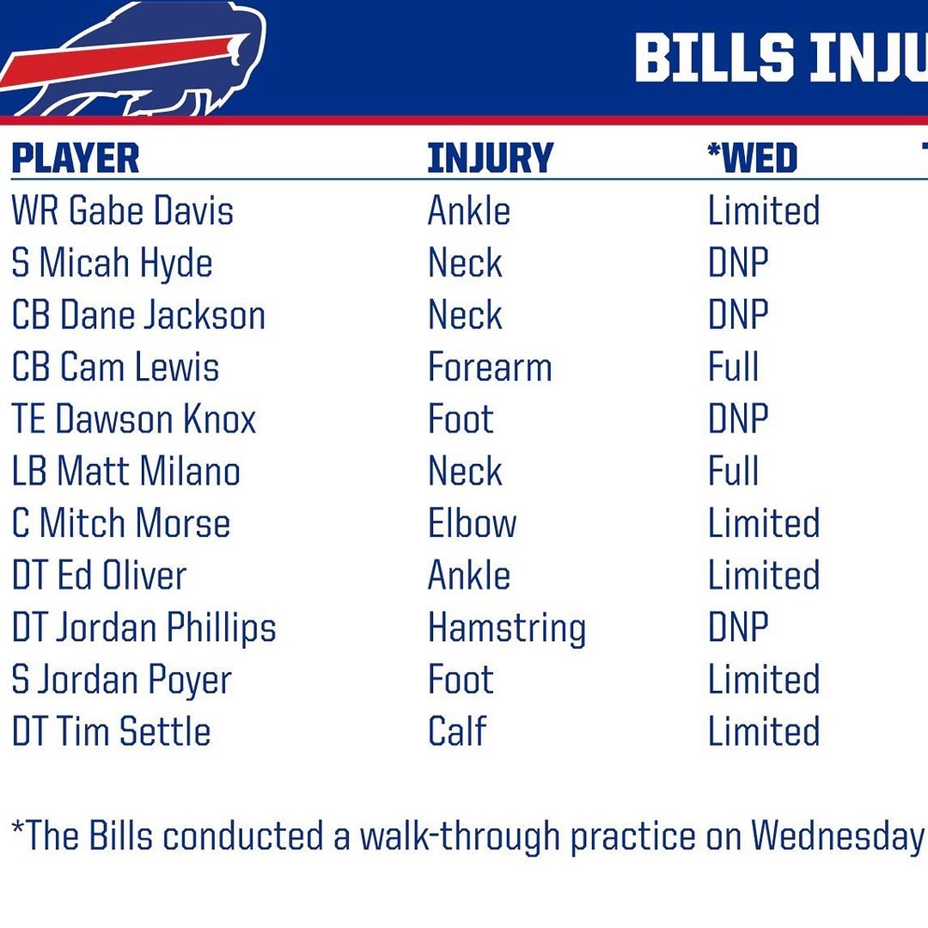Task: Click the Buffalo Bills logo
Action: tap(133, 59)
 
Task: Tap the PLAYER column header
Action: tap(75, 158)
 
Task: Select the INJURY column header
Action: tap(490, 158)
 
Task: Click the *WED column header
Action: tap(752, 158)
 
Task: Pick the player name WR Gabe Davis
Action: tap(123, 211)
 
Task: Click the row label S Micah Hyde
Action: tap(112, 263)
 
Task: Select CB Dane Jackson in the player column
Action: tap(138, 314)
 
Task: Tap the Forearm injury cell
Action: tap(490, 367)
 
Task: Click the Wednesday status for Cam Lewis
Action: tap(733, 367)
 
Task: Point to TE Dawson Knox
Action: tap(134, 419)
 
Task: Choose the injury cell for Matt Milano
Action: tap(465, 471)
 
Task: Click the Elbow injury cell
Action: tap(473, 523)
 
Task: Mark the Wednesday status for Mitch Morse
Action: tap(764, 523)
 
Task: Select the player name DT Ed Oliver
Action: tap(99, 575)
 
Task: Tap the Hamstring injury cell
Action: tap(507, 628)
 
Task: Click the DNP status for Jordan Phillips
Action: tap(739, 627)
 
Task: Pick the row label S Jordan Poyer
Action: tap(121, 681)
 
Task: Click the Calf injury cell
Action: tap(457, 731)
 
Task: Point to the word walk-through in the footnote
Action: tap(460, 837)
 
